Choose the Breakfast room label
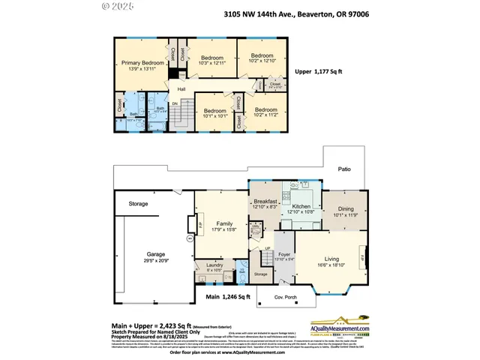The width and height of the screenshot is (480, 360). click(265, 202)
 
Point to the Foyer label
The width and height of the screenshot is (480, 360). click(285, 254)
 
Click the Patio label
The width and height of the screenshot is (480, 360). click(343, 169)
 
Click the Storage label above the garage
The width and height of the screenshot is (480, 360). click(138, 203)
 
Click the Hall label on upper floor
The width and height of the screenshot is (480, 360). click(181, 89)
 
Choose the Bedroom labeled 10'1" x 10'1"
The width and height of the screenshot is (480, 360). click(215, 111)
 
